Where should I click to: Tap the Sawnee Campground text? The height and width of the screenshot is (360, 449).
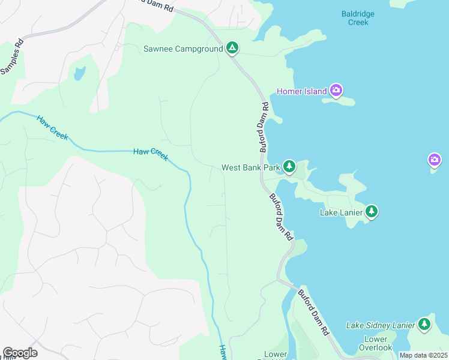pos(183,49)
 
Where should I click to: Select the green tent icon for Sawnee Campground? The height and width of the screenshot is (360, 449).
pos(232,49)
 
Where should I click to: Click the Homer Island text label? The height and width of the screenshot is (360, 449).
pos(301,91)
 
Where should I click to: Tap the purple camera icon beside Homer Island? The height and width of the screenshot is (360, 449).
pos(336,91)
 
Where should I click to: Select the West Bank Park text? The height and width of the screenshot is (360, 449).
pos(251,167)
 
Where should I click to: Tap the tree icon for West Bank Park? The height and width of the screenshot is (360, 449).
pos(289,166)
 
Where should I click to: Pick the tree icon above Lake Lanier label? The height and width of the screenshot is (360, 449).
pos(372,211)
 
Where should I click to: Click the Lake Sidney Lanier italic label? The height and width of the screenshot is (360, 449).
pos(381,325)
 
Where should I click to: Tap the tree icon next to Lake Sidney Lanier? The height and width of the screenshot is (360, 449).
pos(424,325)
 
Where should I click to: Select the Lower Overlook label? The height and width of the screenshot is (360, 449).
pos(376,343)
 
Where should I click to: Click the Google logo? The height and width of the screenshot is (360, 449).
pos(20,353)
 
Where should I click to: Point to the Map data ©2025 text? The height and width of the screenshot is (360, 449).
pos(423,355)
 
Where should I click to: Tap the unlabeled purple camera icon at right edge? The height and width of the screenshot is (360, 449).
pos(435,160)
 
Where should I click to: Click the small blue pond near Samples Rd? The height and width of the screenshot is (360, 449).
pos(79,74)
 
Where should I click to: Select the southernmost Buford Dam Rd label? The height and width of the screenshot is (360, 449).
pos(314,312)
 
